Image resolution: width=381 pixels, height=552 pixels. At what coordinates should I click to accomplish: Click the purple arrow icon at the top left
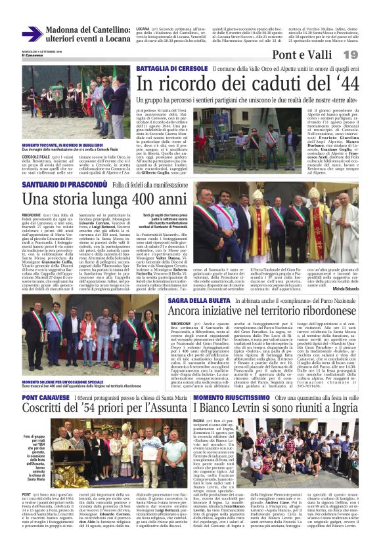pos(32,34)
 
